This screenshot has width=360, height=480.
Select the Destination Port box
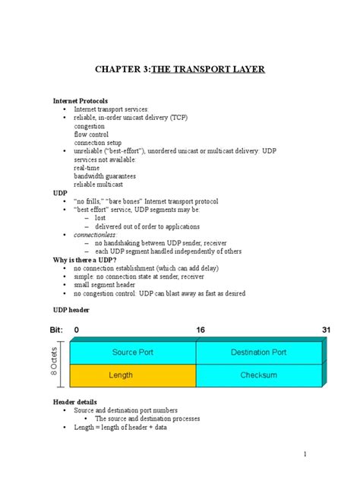[x=258, y=352]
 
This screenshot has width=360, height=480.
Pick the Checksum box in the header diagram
[x=258, y=375]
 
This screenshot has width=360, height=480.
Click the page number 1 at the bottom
[x=304, y=454]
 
